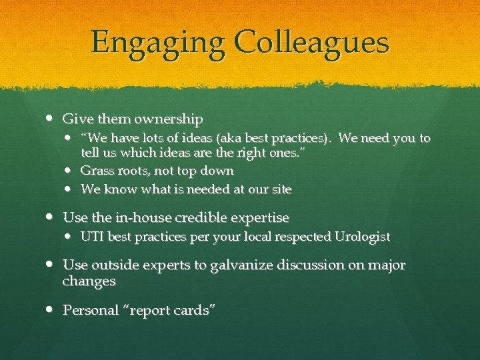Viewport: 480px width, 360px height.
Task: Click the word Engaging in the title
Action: pos(158,43)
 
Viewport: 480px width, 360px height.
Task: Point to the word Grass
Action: pos(95,171)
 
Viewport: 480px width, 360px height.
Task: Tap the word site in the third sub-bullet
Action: pos(281,189)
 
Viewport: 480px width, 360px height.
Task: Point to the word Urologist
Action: pos(359,237)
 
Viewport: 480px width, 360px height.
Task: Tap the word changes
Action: pos(89,281)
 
